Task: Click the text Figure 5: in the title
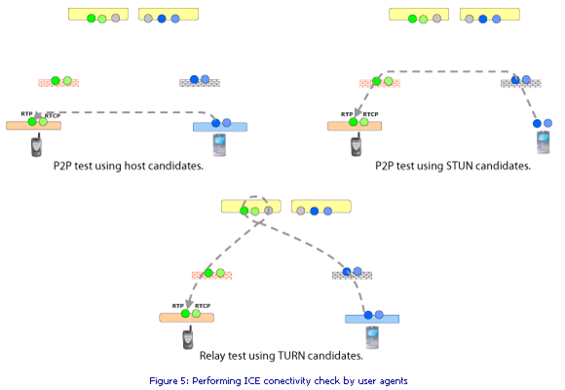point(169,381)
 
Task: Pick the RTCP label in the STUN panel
point(370,114)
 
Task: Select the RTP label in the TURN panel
point(177,305)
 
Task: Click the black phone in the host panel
point(36,144)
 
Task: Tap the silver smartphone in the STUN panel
point(543,142)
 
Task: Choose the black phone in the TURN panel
point(188,337)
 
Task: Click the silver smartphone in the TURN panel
point(372,337)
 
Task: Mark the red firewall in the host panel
point(58,83)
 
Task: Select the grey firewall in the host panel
point(200,83)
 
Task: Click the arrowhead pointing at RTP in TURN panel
point(189,304)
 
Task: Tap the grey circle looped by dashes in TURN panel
point(268,211)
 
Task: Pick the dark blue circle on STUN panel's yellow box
point(483,19)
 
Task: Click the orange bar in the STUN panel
point(355,126)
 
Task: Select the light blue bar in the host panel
point(220,127)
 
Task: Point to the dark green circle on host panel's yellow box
point(92,19)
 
